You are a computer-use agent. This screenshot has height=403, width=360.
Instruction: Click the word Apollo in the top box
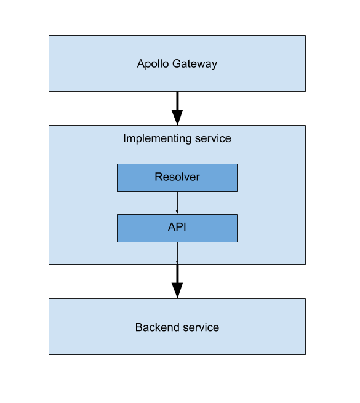pyautogui.click(x=153, y=63)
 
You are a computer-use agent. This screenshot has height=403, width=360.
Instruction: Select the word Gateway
pyautogui.click(x=195, y=64)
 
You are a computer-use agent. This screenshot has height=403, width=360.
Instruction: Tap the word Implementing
pyautogui.click(x=158, y=138)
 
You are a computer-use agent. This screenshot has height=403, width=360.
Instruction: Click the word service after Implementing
pyautogui.click(x=213, y=138)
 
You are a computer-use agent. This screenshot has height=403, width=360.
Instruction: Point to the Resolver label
pyautogui.click(x=177, y=177)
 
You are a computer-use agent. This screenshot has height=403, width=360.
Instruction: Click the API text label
pyautogui.click(x=177, y=227)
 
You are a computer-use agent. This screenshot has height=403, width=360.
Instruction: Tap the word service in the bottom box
pyautogui.click(x=201, y=327)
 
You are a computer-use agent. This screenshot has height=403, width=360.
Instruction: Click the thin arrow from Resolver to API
pyautogui.click(x=177, y=203)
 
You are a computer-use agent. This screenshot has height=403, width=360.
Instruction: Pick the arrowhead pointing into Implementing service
pyautogui.click(x=177, y=117)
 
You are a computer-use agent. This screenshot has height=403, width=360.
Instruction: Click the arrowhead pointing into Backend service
pyautogui.click(x=177, y=290)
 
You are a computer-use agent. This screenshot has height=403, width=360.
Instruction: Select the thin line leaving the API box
pyautogui.click(x=177, y=253)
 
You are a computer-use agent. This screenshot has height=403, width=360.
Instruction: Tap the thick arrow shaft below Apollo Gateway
pyautogui.click(x=177, y=101)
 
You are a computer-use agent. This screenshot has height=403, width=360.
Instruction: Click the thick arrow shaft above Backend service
pyautogui.click(x=177, y=274)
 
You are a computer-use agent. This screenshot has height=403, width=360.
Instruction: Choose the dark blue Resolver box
pyautogui.click(x=177, y=178)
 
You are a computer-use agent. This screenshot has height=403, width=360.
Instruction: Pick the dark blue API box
pyautogui.click(x=177, y=228)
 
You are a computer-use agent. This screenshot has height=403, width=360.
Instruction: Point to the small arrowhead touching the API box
pyautogui.click(x=177, y=212)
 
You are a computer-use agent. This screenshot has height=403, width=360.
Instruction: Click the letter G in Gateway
pyautogui.click(x=177, y=63)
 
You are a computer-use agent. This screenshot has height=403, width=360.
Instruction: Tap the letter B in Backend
pyautogui.click(x=139, y=327)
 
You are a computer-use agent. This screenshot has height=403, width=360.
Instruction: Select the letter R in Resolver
pyautogui.click(x=158, y=177)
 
